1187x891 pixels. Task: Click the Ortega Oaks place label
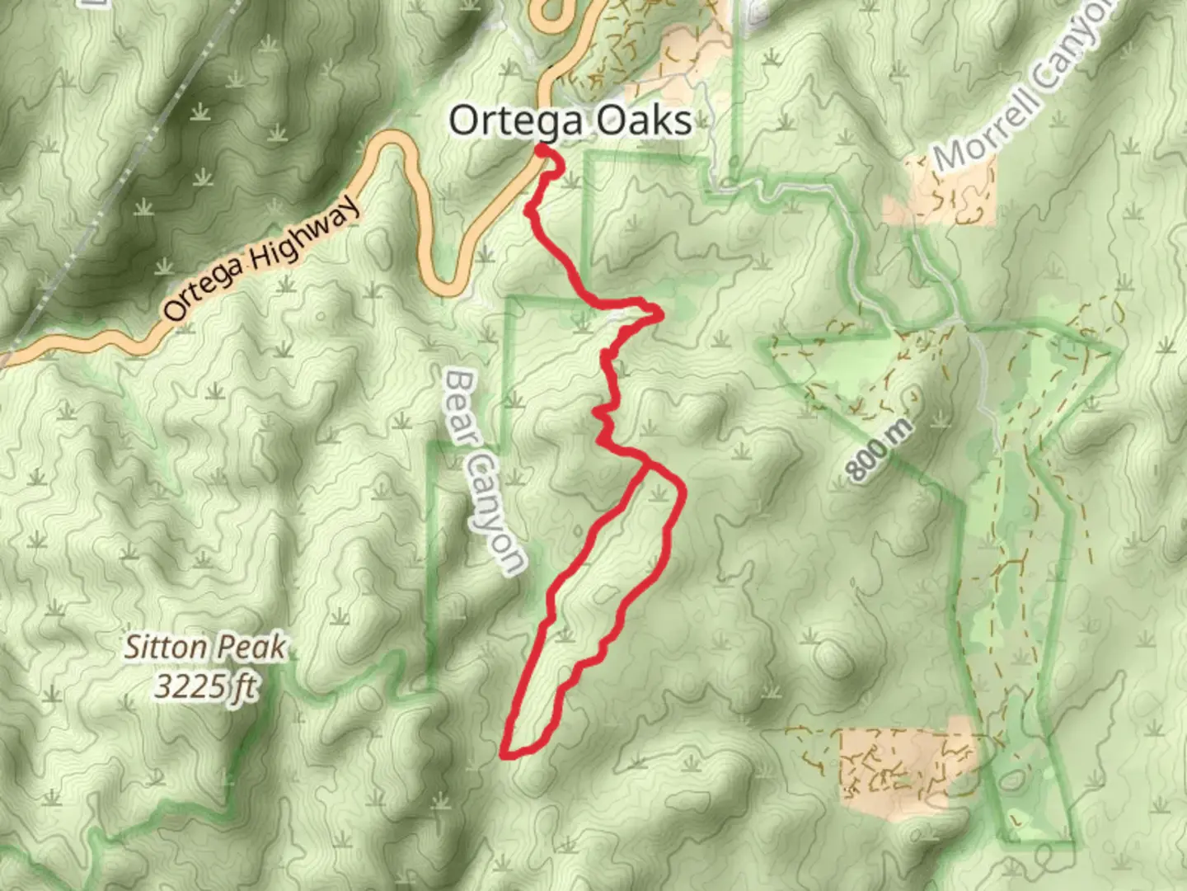570,121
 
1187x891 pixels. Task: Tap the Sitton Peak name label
204,648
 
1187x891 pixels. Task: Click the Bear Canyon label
484,472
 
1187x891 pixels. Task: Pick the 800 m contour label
880,450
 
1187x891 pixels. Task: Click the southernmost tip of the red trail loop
504,753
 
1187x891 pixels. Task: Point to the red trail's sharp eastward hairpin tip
659,313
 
